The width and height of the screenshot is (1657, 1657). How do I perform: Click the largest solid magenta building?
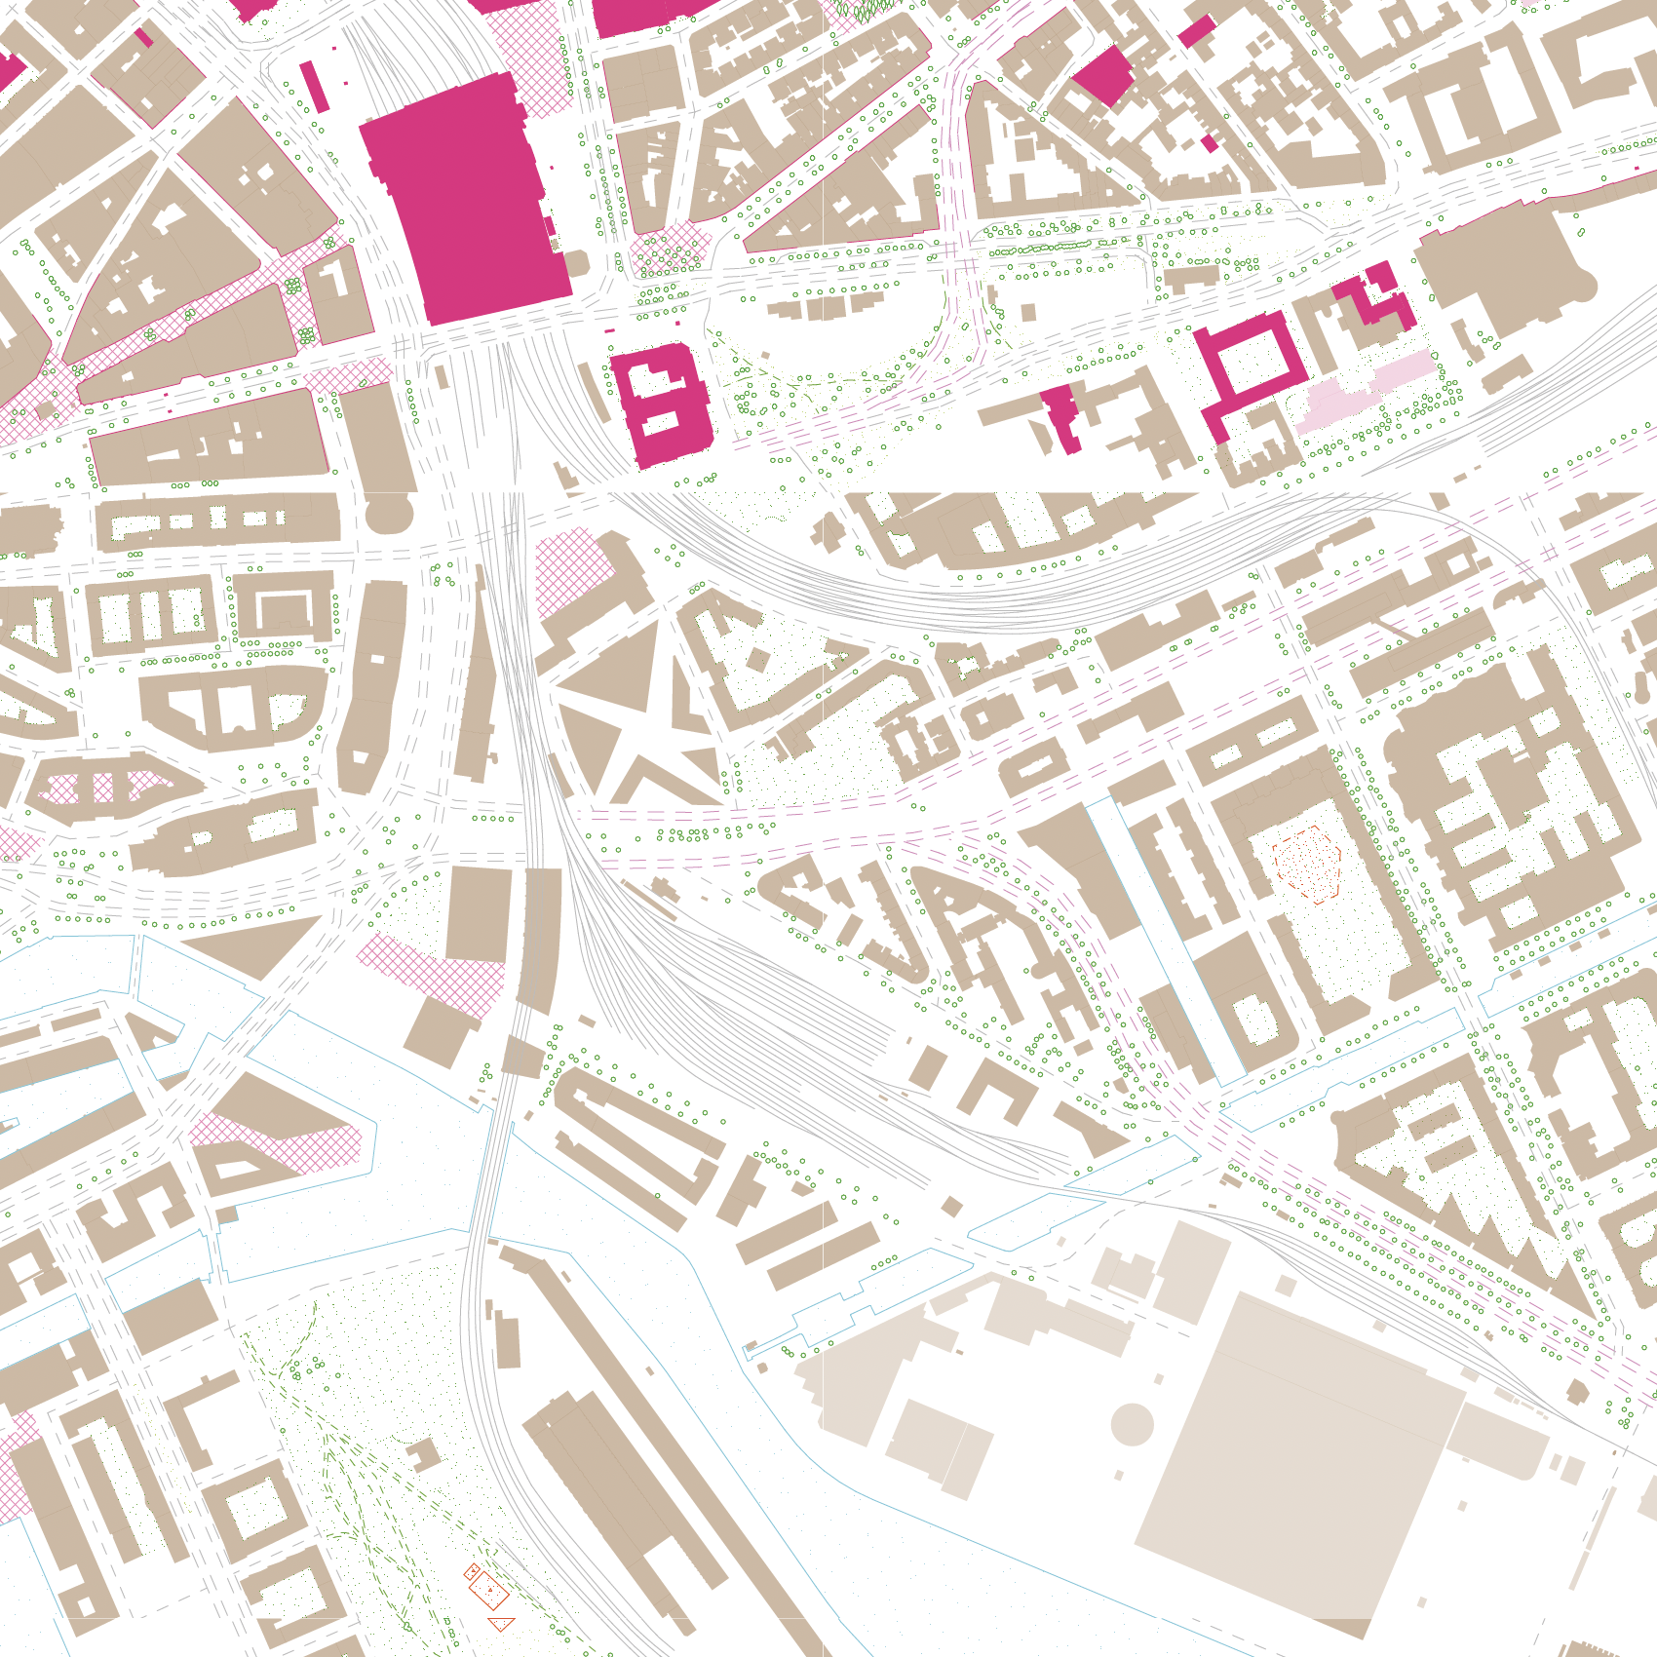[x=463, y=200]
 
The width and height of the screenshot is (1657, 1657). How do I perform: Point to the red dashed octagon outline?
[x=1307, y=864]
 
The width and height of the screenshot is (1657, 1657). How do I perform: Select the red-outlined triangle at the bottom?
[x=501, y=1623]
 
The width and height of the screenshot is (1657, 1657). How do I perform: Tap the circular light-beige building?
[x=1132, y=1424]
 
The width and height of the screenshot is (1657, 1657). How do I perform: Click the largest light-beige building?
[x=1296, y=1462]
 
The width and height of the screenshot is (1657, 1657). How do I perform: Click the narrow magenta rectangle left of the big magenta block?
[x=314, y=86]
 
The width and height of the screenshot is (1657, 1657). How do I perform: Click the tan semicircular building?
[x=389, y=513]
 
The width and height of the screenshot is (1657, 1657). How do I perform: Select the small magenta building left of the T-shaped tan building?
[x=1060, y=414]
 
